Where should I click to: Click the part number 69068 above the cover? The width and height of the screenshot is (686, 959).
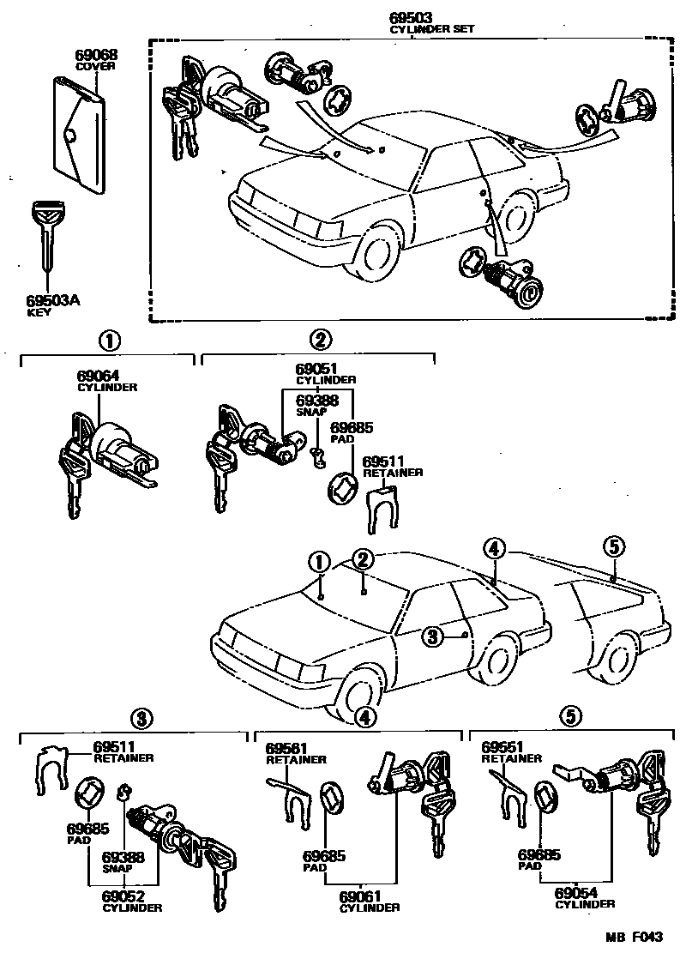95,55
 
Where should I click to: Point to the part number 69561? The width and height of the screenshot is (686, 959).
286,747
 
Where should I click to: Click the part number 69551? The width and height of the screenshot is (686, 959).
502,747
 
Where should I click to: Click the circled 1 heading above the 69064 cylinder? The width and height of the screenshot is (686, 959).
109,340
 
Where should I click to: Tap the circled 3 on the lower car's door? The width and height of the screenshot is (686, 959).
433,636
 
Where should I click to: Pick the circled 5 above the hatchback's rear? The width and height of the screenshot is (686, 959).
612,545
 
